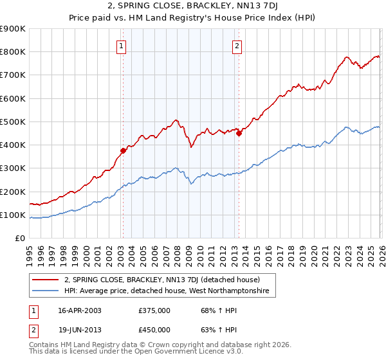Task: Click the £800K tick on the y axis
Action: tap(13, 52)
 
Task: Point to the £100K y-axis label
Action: tap(13, 215)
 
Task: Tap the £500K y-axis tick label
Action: tap(13, 122)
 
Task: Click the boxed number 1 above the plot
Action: tap(122, 46)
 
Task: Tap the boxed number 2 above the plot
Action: tap(237, 46)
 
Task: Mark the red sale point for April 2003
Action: tap(123, 151)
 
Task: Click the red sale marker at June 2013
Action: tap(239, 134)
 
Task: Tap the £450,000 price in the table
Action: tap(154, 330)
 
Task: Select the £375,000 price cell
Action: tap(154, 310)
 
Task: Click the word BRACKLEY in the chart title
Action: tap(203, 7)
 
